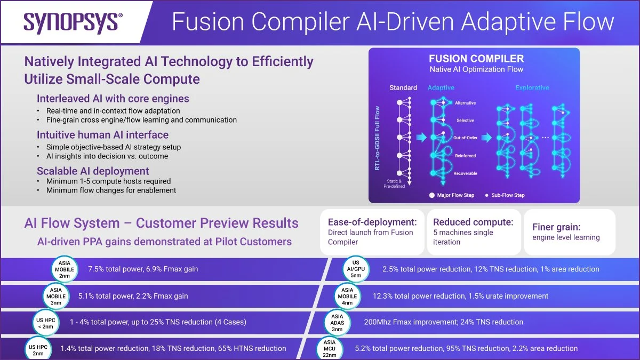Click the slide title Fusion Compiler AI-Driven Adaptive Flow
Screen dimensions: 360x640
tap(393, 22)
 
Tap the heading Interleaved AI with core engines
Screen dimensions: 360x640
tap(113, 99)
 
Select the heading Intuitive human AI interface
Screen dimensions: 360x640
tap(102, 135)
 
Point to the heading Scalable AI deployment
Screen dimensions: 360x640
tap(93, 171)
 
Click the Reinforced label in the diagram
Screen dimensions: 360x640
tap(465, 156)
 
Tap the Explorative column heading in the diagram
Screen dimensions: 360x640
tap(532, 88)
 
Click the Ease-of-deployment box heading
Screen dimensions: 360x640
tap(372, 222)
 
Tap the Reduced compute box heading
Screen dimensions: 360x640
tap(473, 222)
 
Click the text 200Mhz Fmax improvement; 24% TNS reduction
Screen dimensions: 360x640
tap(443, 322)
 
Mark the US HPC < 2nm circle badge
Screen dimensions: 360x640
tap(45, 322)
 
